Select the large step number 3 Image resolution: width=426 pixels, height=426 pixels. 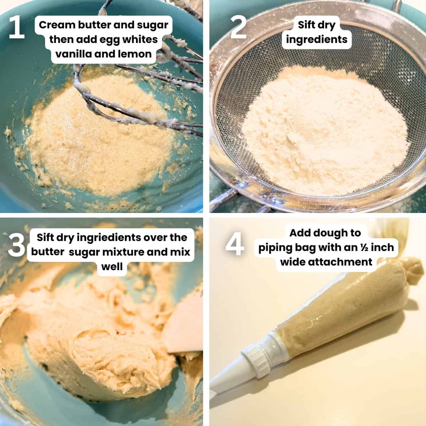coord(17,245)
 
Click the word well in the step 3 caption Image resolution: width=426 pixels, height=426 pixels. coord(112,266)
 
